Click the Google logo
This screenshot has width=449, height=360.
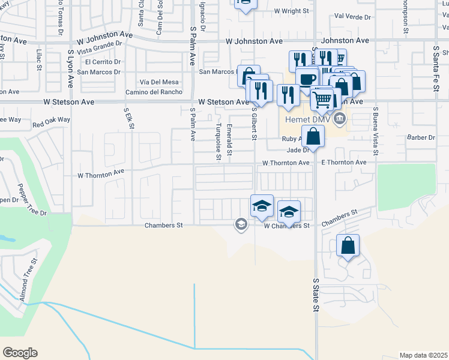click(x=20, y=353)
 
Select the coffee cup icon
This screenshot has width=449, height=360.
click(x=307, y=80)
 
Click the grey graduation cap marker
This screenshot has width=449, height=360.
click(x=241, y=225)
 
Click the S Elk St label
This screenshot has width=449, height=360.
click(x=128, y=119)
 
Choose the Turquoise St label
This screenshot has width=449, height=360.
click(x=218, y=142)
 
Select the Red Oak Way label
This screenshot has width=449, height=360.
click(x=52, y=122)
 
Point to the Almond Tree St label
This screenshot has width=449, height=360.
click(x=30, y=280)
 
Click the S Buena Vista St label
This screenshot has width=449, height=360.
click(x=376, y=131)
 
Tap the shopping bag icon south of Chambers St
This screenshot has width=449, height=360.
click(x=348, y=246)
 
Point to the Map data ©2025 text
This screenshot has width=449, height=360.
click(x=423, y=355)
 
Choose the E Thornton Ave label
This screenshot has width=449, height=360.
click(x=343, y=163)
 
